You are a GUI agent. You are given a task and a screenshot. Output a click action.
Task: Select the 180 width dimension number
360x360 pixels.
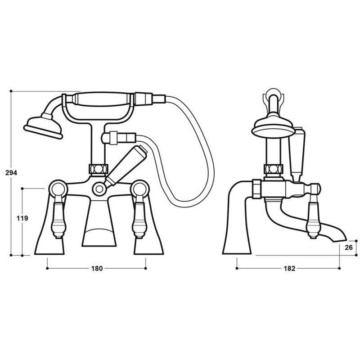pos(97,269)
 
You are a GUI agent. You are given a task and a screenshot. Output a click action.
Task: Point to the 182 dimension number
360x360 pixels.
pos(289,269)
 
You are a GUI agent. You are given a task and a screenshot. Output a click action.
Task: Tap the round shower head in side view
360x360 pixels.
pos(272,126)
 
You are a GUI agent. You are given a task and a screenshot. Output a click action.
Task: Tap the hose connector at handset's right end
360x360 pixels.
pos(145,97)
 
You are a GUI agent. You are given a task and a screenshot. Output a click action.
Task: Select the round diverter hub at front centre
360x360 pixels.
pos(99,189)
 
